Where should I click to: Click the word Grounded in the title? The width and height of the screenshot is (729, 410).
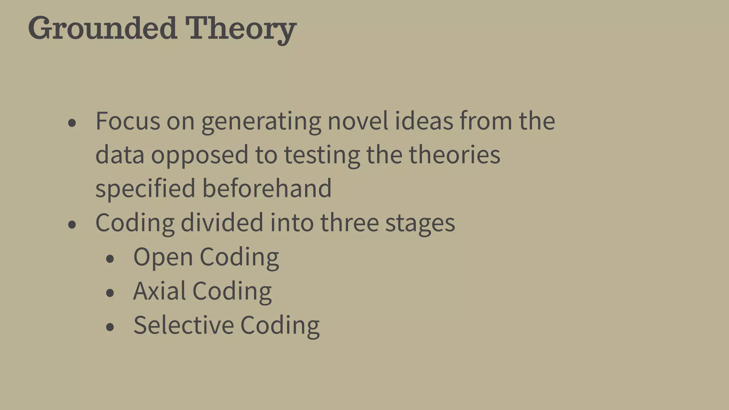click(x=102, y=28)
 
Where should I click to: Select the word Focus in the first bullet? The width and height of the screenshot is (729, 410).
click(x=128, y=121)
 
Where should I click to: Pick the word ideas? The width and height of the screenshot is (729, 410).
click(x=424, y=121)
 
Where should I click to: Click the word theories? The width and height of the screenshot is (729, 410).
click(x=454, y=155)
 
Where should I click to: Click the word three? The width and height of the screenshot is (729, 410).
click(x=349, y=222)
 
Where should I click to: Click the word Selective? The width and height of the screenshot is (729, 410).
click(x=183, y=325)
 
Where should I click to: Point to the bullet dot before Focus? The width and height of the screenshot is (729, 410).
click(x=72, y=123)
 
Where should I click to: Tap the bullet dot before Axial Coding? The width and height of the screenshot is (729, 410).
click(x=110, y=293)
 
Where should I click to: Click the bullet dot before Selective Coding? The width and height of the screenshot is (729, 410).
click(x=110, y=327)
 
